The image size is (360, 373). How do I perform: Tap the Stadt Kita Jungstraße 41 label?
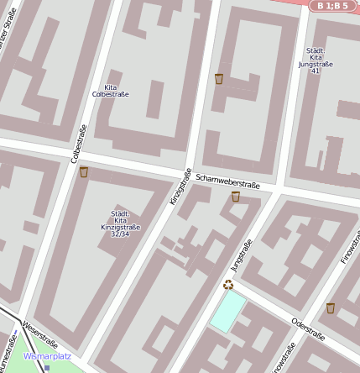click(316, 60)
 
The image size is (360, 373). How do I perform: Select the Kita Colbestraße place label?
click(110, 91)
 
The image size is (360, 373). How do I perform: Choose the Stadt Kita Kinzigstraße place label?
click(121, 220)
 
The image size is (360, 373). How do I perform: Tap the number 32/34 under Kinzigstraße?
click(121, 234)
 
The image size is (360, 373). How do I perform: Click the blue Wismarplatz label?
click(47, 355)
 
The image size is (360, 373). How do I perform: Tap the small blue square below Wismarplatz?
click(47, 367)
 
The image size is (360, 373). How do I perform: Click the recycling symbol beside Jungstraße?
click(227, 284)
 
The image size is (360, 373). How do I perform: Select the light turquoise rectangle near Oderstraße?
click(228, 312)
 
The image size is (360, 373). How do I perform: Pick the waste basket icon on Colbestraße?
click(83, 172)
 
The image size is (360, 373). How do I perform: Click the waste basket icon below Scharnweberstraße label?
click(236, 197)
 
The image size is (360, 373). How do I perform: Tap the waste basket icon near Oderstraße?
click(331, 307)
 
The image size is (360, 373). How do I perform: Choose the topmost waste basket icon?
click(219, 79)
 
